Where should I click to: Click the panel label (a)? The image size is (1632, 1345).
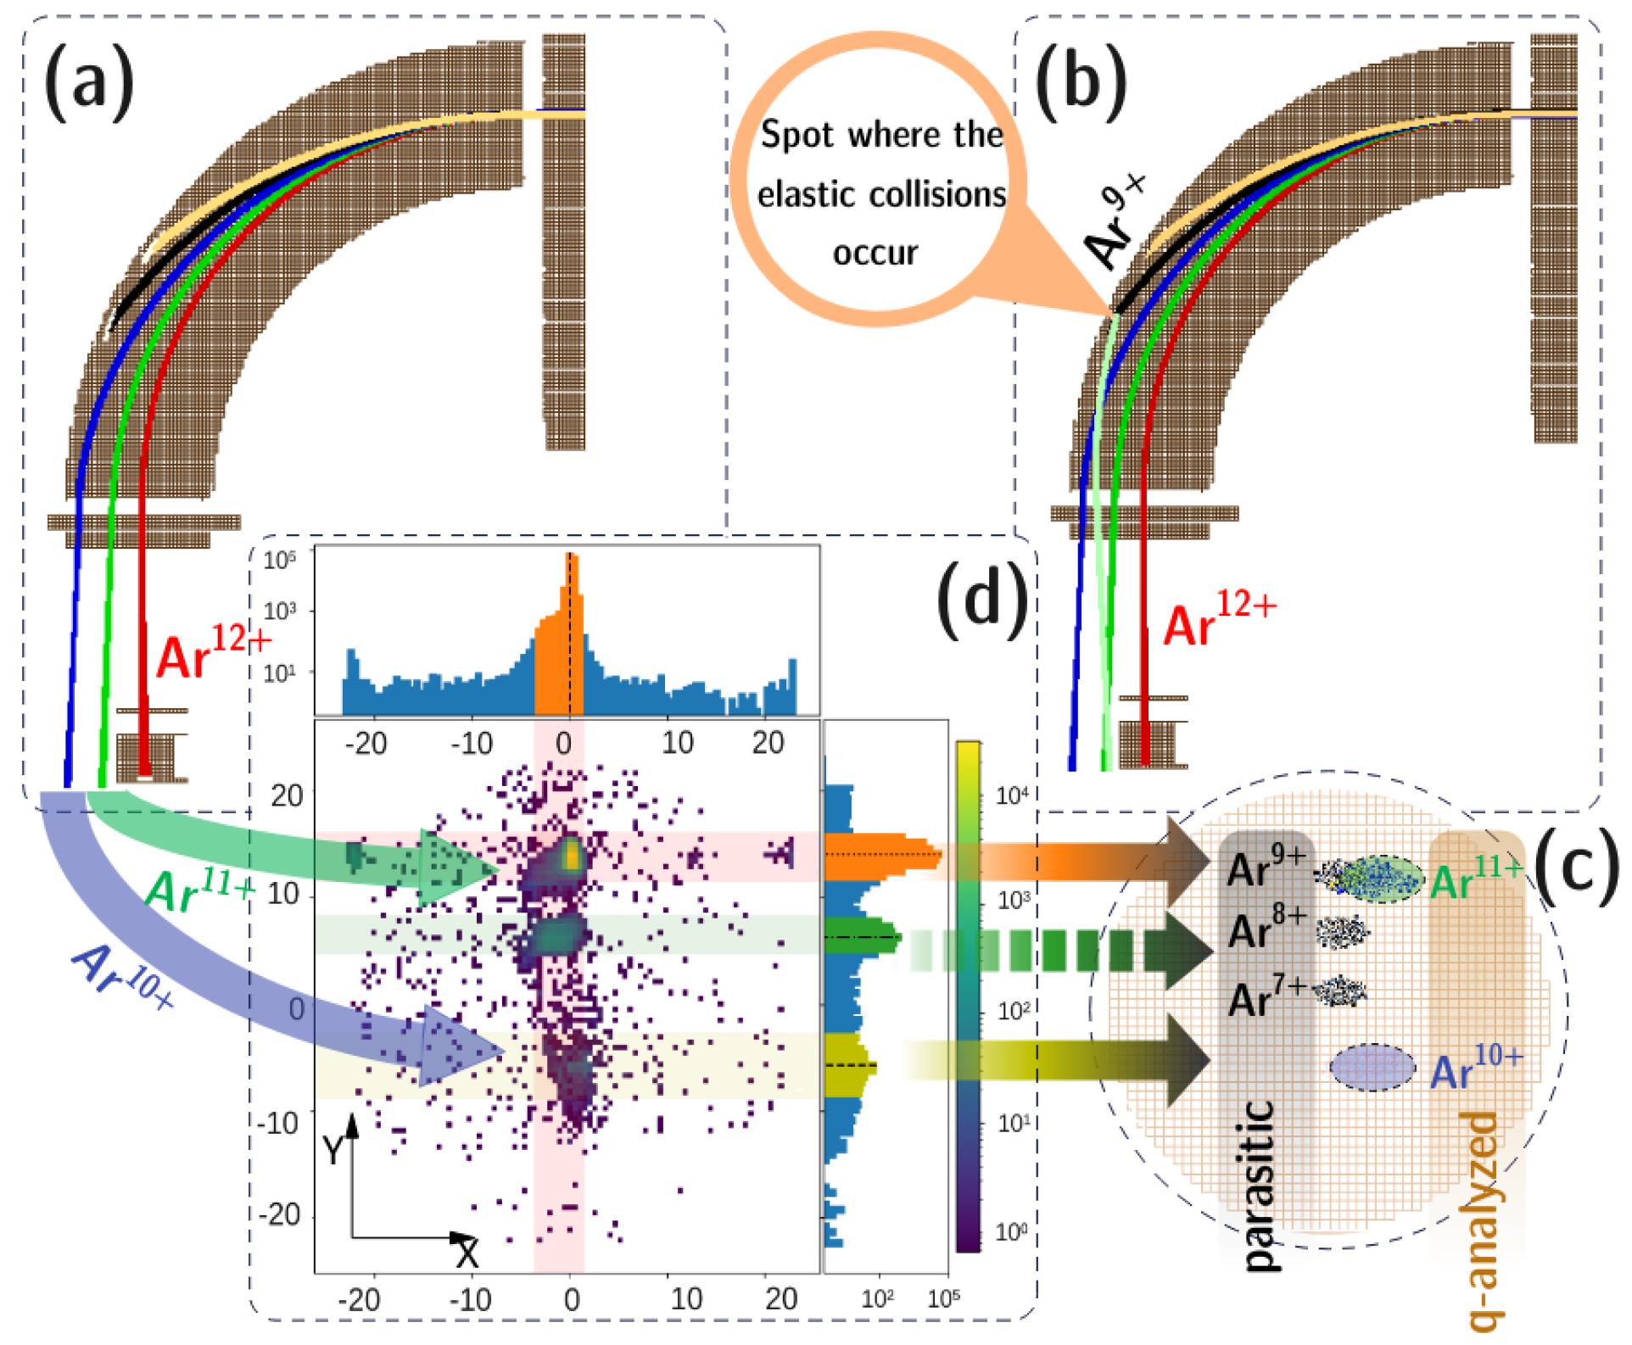89,82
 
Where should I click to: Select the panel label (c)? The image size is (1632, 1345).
1576,867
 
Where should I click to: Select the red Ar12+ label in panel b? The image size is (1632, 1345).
1218,620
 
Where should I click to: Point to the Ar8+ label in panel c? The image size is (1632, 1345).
1266,929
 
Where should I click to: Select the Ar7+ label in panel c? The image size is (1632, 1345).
1266,996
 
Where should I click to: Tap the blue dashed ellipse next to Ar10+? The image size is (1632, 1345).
1372,1067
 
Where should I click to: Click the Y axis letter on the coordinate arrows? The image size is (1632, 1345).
333,1151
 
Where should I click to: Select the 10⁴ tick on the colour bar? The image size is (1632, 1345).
1011,795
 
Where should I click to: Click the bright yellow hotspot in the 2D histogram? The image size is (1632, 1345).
572,855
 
